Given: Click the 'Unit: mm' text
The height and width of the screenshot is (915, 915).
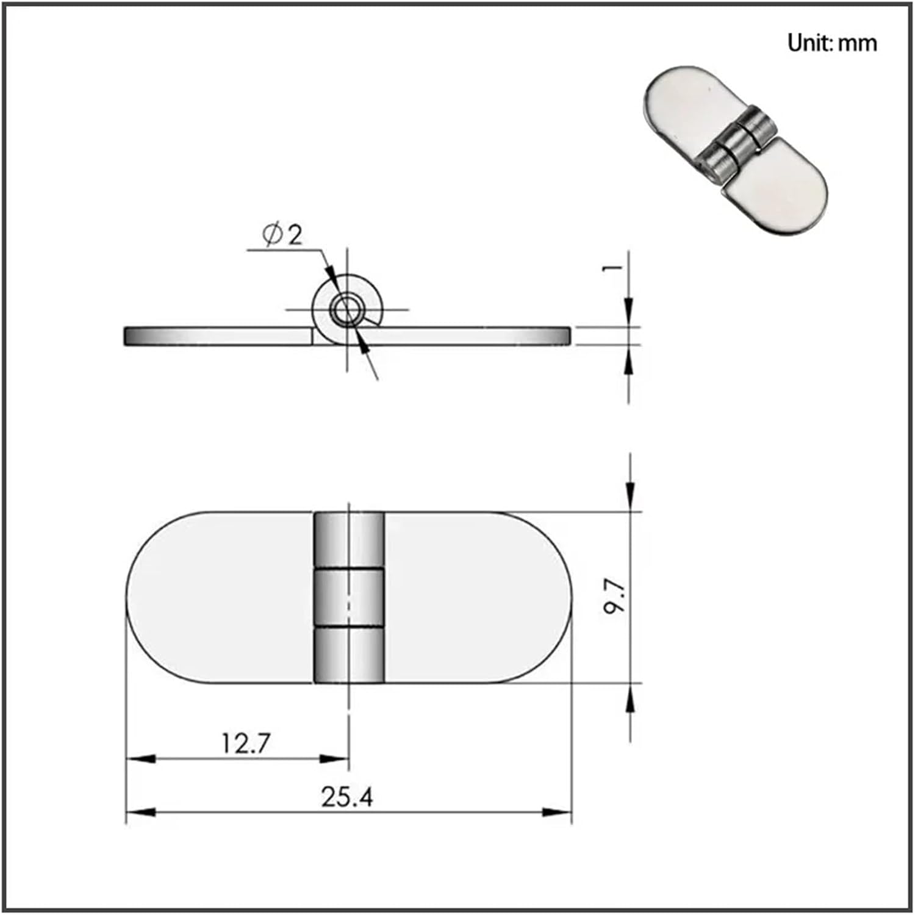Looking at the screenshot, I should click(x=832, y=43).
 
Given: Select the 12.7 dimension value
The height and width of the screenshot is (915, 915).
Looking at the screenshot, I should click(x=245, y=744).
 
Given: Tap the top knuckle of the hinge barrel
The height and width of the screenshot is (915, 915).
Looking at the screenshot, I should click(x=349, y=540).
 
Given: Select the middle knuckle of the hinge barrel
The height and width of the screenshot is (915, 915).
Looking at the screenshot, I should click(x=349, y=598).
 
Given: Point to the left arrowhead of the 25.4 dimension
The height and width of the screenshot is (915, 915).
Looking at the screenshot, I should click(x=140, y=813).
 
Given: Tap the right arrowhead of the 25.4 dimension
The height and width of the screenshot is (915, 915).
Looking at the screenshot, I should click(x=557, y=813).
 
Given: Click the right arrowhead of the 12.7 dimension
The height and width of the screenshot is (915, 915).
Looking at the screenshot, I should click(x=334, y=759).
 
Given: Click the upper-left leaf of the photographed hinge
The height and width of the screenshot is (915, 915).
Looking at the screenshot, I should click(x=686, y=104).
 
